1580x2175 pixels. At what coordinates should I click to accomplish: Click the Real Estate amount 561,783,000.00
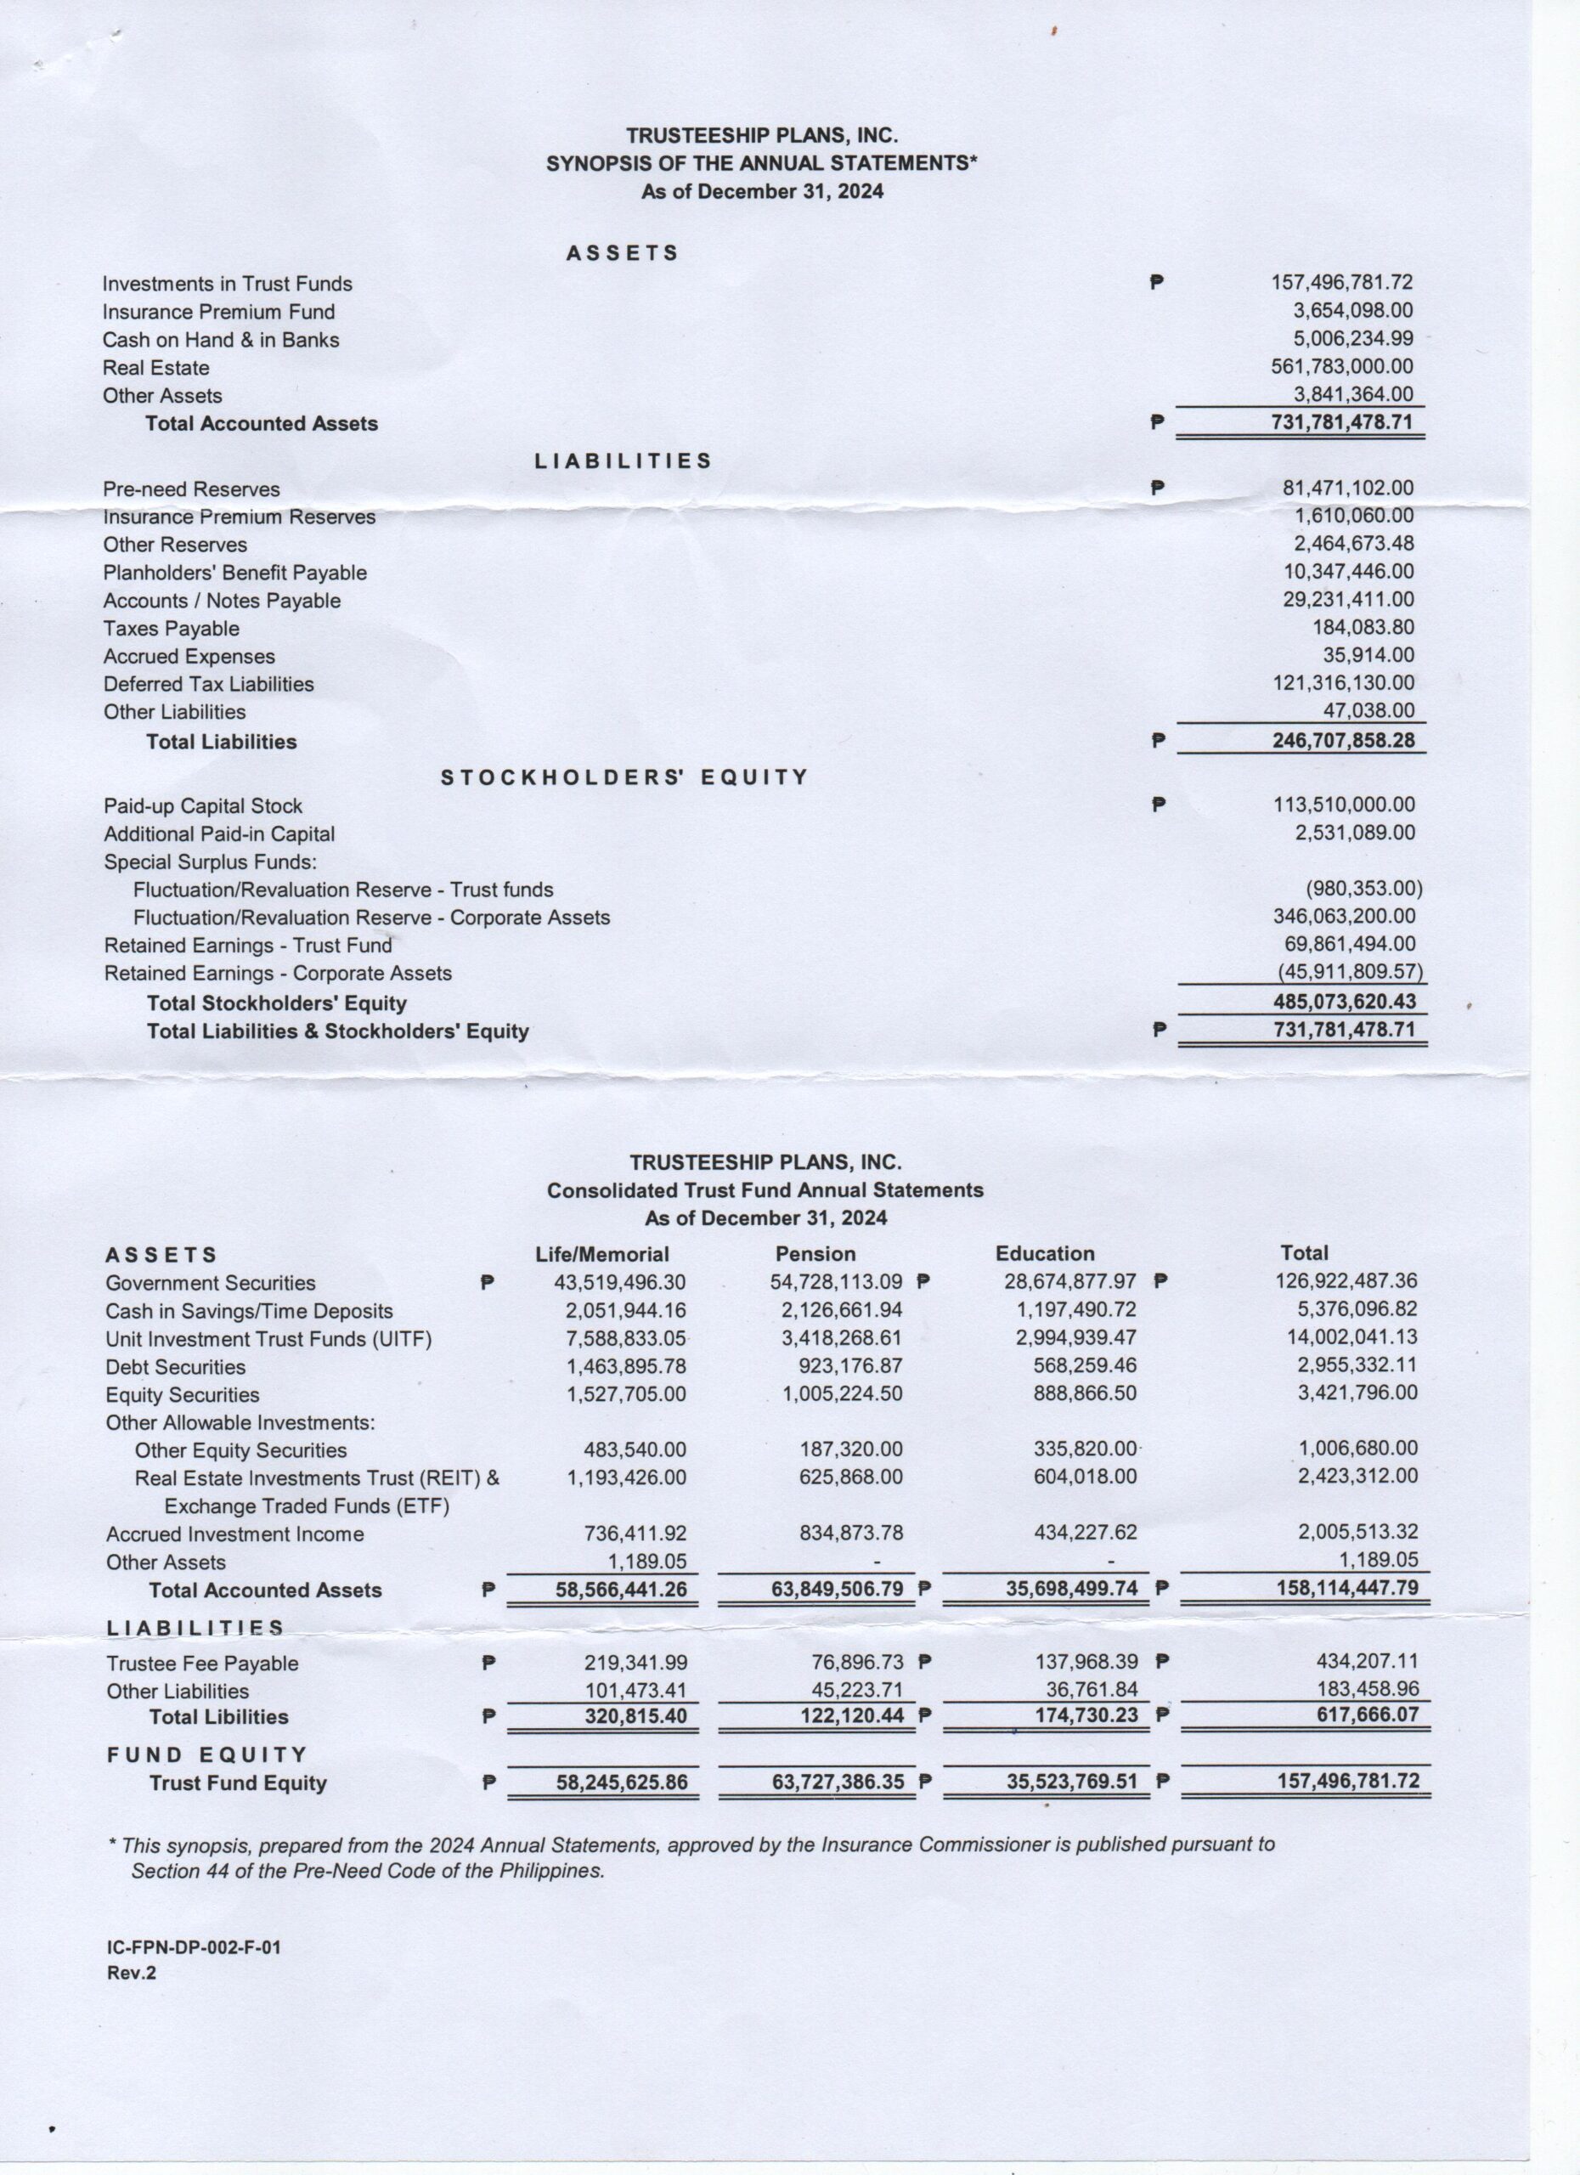[x=1341, y=366]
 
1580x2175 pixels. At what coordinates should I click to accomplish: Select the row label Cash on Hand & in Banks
[x=221, y=340]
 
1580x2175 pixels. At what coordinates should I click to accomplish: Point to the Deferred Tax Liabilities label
[x=209, y=684]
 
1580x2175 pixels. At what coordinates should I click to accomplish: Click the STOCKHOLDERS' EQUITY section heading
[x=624, y=777]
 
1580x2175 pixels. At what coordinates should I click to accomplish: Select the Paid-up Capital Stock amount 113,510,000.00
[x=1343, y=805]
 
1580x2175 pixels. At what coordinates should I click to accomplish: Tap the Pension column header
[x=815, y=1253]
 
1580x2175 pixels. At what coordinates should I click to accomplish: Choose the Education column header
[x=1044, y=1253]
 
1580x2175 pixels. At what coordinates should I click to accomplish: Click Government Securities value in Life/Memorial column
[x=620, y=1282]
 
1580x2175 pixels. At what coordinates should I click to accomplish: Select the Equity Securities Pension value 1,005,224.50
[x=842, y=1393]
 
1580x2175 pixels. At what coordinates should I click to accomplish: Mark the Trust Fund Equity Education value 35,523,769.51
[x=1071, y=1782]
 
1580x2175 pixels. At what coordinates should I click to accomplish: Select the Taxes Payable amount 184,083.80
[x=1363, y=627]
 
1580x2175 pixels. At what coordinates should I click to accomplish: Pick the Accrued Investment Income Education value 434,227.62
[x=1075, y=1533]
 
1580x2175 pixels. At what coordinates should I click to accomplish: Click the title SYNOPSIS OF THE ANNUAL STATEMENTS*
[x=761, y=163]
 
